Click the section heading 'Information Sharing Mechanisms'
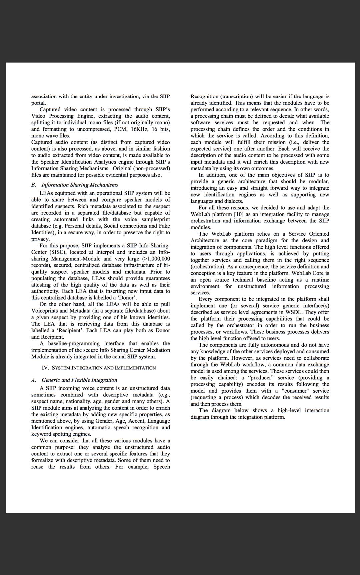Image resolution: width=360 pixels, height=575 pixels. click(x=80, y=185)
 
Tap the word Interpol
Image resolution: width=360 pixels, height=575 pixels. click(x=106, y=252)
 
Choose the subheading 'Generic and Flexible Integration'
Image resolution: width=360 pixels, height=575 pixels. click(x=79, y=380)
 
